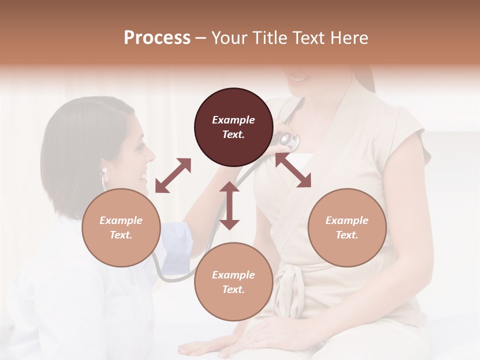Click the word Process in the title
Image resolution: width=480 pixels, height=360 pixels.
pyautogui.click(x=157, y=38)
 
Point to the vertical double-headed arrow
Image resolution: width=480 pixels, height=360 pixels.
pyautogui.click(x=229, y=205)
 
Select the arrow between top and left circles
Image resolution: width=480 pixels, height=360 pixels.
pyautogui.click(x=173, y=175)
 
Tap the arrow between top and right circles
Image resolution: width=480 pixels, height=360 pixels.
pyautogui.click(x=293, y=170)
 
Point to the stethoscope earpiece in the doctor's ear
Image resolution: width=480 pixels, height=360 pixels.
pyautogui.click(x=104, y=170)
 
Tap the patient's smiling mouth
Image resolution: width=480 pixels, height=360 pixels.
pyautogui.click(x=297, y=79)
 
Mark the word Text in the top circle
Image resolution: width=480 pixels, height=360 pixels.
pyautogui.click(x=233, y=134)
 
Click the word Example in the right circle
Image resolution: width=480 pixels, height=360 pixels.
pyautogui.click(x=347, y=220)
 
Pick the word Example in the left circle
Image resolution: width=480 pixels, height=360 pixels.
pyautogui.click(x=121, y=220)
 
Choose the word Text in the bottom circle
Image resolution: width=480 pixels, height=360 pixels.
pyautogui.click(x=233, y=289)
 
